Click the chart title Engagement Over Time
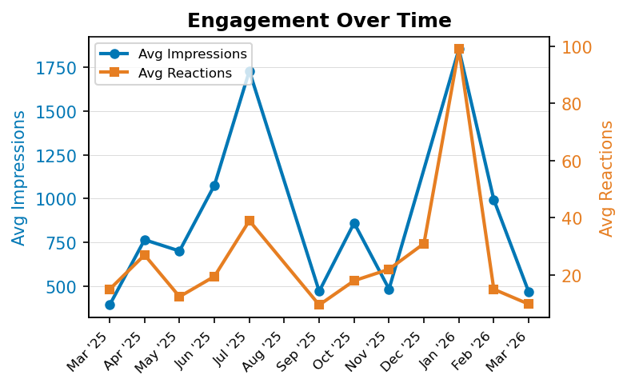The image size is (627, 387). pos(319,21)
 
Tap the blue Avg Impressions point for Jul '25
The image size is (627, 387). pos(250,72)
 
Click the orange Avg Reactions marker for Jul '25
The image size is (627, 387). pos(250,221)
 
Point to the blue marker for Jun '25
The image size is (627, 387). pos(214,186)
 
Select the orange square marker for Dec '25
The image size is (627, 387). pos(424,244)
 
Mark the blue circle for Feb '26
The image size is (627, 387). pos(493,200)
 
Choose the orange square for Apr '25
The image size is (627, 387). pos(145,255)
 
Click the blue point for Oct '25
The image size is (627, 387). pos(354,223)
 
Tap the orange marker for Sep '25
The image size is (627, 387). pos(319,305)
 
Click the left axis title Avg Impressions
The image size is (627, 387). pos(19,178)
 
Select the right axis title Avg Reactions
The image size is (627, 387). pos(607,178)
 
